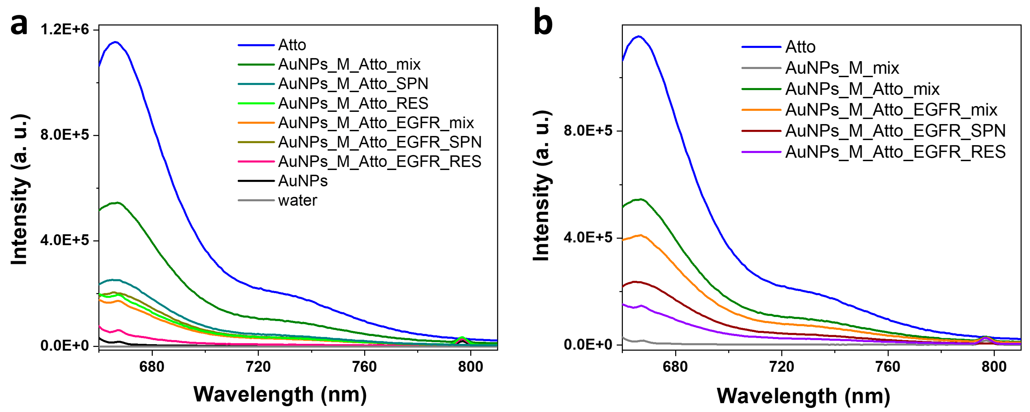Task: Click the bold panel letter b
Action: (x=543, y=23)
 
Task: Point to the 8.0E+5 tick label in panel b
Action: (x=588, y=131)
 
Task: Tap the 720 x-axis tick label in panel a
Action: (x=258, y=366)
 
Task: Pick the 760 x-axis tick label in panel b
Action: (x=888, y=366)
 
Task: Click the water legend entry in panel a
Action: (x=297, y=200)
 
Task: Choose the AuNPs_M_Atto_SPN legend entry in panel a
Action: (x=353, y=84)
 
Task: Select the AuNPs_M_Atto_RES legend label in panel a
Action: (x=353, y=103)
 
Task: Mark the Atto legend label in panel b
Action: (x=800, y=47)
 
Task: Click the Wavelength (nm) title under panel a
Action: (x=280, y=394)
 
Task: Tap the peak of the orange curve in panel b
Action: (x=641, y=235)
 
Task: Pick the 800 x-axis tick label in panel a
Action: (x=470, y=366)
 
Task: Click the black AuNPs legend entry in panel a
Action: (x=303, y=181)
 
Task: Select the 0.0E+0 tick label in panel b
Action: (x=588, y=344)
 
